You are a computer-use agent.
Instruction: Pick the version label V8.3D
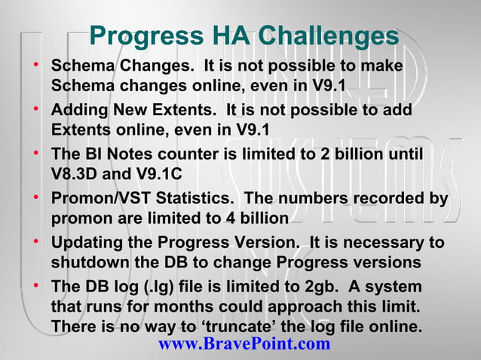tap(76, 172)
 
